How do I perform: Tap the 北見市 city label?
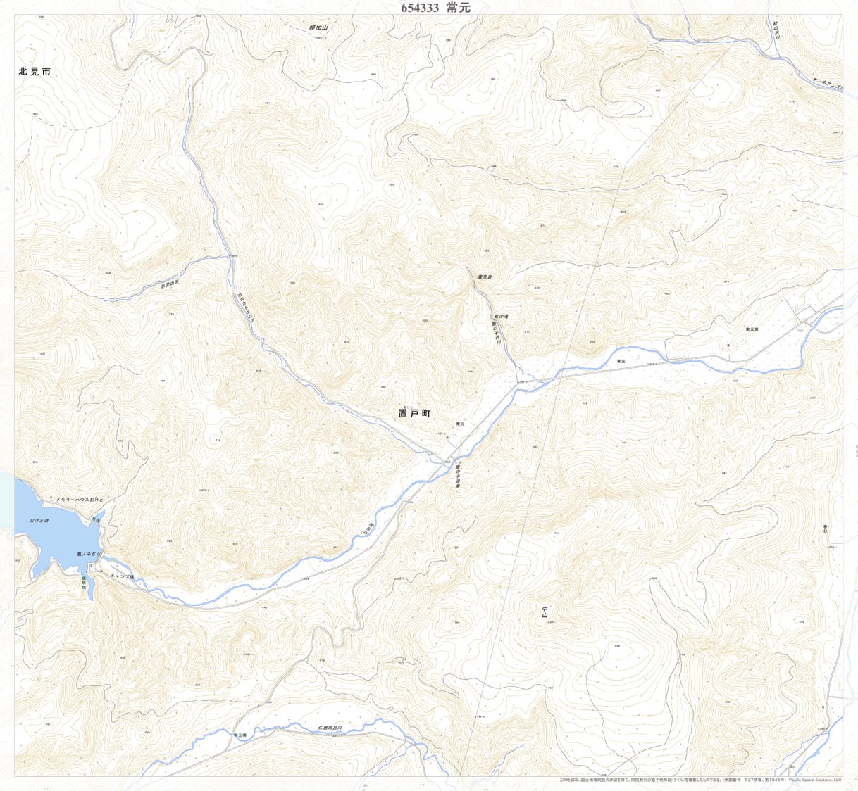35,72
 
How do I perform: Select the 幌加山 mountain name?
319,28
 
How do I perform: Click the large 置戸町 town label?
414,414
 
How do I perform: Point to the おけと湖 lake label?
39,520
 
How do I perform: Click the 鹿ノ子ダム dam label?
89,555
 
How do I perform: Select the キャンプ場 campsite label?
121,576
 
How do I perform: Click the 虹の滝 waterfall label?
501,317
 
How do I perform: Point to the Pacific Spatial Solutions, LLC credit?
815,780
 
